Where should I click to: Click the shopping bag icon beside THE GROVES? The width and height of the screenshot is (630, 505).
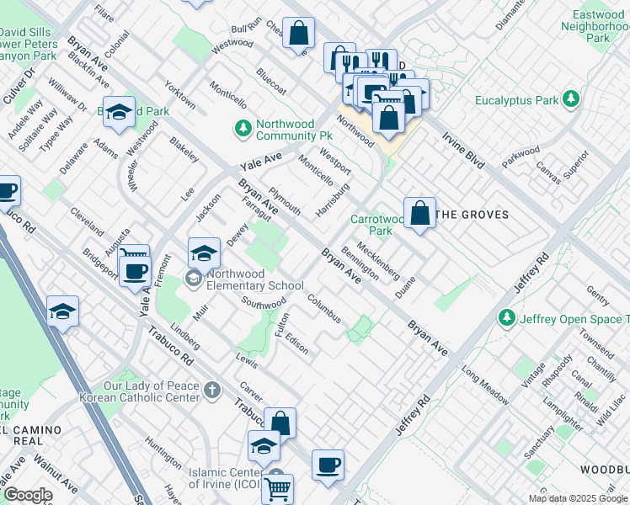tap(419, 212)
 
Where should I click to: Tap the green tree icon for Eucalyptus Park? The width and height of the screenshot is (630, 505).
tap(572, 100)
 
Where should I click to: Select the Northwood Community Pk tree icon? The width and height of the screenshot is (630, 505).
tap(243, 129)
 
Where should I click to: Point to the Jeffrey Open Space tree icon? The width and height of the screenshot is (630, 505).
tap(506, 318)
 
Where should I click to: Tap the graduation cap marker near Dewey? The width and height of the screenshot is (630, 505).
tap(204, 252)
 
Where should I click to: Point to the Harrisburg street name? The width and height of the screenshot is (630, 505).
tap(333, 199)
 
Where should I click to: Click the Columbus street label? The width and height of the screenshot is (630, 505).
tap(323, 308)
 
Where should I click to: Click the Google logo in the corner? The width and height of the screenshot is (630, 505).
tap(28, 495)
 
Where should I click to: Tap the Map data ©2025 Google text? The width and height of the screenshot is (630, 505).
tap(578, 498)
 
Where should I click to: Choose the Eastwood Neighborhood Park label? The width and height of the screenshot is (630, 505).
tap(596, 27)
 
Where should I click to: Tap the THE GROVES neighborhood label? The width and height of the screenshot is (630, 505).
tap(473, 215)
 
